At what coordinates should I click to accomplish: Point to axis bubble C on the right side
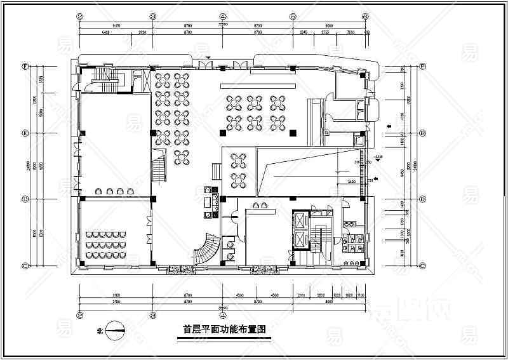422,265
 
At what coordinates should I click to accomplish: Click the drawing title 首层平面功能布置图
223,330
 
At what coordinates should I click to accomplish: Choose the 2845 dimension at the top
304,31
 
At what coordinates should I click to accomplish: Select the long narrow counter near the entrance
258,84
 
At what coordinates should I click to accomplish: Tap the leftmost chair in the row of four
98,190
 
